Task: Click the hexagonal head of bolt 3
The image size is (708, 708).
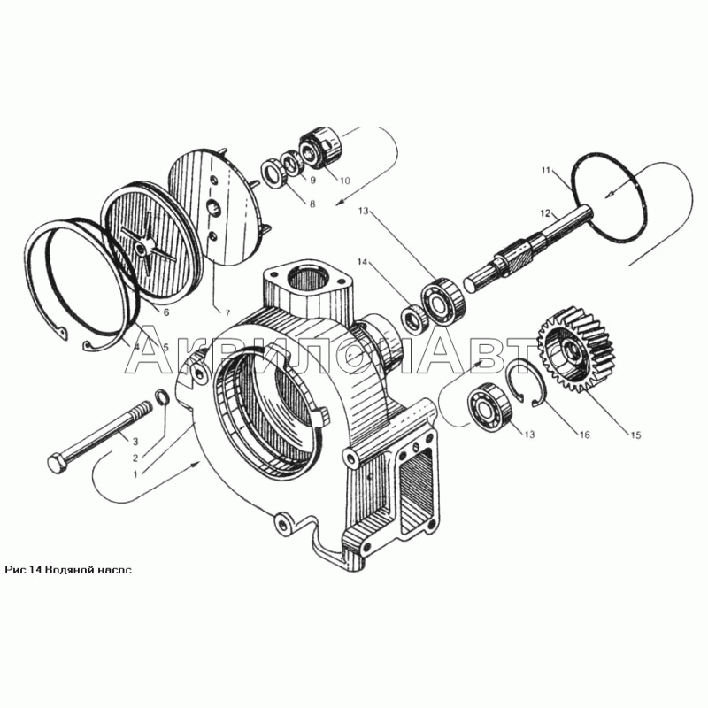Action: click(57, 463)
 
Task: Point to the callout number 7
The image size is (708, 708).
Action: click(227, 312)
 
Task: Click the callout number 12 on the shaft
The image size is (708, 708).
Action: click(546, 212)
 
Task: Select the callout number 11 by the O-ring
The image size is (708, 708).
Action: click(546, 170)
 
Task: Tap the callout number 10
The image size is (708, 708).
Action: click(345, 181)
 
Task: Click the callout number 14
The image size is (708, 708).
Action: click(364, 261)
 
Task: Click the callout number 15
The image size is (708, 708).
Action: click(635, 435)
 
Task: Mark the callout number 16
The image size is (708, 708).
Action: click(585, 435)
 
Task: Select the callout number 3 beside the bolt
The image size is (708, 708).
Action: click(135, 441)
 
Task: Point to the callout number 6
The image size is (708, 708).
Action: click(166, 312)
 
